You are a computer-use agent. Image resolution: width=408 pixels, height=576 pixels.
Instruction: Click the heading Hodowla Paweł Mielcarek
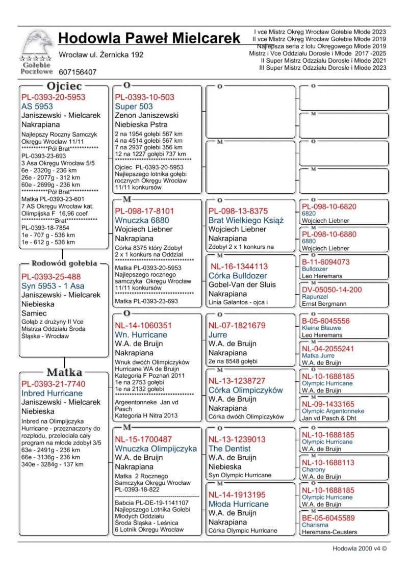149,38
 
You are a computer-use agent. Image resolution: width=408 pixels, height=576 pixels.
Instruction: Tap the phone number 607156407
78,72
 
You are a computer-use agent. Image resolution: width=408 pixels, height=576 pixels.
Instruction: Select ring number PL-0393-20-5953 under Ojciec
53,97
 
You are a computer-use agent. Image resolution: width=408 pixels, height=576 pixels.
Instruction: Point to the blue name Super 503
134,107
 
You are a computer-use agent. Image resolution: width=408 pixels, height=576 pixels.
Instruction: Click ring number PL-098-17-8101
144,211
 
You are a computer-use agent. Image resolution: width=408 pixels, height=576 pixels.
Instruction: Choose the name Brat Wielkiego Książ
246,220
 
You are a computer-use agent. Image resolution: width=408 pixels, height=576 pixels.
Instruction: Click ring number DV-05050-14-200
331,290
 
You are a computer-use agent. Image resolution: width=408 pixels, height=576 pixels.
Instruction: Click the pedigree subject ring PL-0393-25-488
51,276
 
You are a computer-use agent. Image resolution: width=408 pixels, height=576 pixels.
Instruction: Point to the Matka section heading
64,372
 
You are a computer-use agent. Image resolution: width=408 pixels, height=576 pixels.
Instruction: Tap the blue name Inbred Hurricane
52,394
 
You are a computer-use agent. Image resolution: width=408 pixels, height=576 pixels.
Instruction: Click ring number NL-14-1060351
143,325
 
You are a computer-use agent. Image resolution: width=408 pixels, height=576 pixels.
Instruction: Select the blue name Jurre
218,335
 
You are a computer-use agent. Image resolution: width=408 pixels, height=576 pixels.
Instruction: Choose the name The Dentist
229,449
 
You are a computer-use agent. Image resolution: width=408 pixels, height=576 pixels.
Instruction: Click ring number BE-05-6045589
328,518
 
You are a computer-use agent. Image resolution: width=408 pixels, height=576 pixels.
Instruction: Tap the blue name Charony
314,469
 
